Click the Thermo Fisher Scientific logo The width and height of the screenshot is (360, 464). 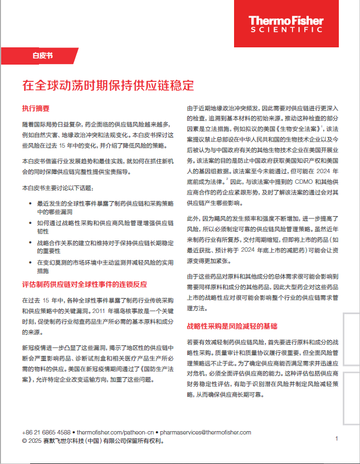pyautogui.click(x=286, y=24)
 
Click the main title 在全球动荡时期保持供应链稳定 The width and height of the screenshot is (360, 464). pyautogui.click(x=108, y=86)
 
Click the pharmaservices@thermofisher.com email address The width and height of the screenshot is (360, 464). pyautogui.click(x=205, y=432)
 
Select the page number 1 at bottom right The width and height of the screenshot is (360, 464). pyautogui.click(x=337, y=439)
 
